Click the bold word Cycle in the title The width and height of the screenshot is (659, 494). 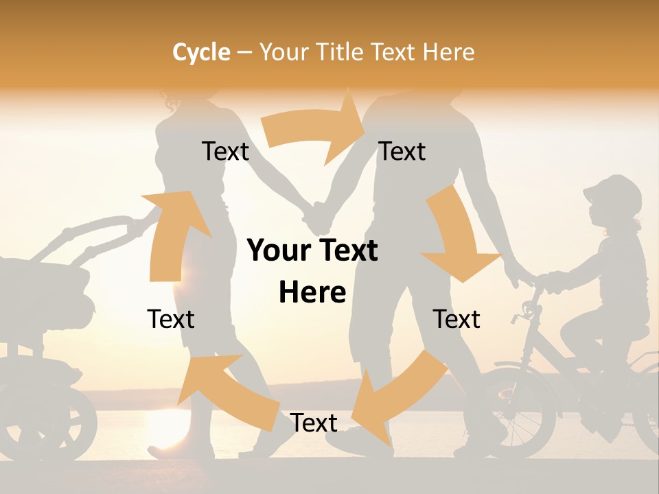(x=201, y=52)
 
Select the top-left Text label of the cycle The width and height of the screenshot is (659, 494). (x=225, y=151)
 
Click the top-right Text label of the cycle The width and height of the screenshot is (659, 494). (x=402, y=151)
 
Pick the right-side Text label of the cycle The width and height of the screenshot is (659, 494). (x=456, y=319)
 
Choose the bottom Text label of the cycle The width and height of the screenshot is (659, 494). (x=314, y=423)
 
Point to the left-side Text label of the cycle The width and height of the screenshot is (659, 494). (x=171, y=319)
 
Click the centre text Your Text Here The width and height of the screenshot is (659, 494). (x=312, y=271)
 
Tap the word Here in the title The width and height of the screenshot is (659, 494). (x=450, y=52)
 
